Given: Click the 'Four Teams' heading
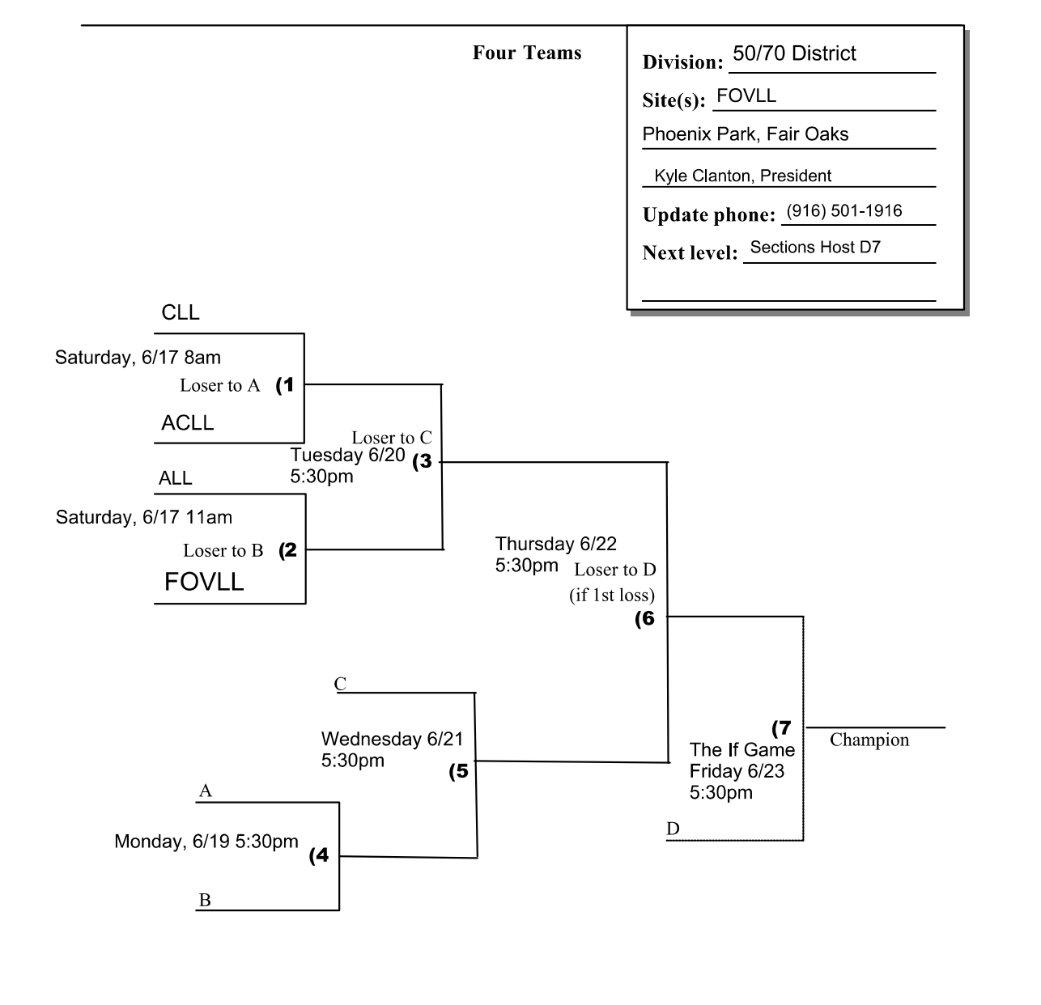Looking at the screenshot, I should point(527,53).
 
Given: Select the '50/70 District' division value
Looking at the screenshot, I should point(793,53).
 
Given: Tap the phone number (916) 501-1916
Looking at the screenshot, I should point(843,211).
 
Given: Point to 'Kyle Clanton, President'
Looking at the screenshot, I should point(742,176).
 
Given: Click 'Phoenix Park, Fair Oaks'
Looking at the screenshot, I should point(745,134).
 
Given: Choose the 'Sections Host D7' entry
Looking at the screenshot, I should point(814,248).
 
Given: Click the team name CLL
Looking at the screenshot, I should point(180,313).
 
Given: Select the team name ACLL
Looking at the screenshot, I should point(187,423).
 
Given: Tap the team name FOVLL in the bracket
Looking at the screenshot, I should point(204,582).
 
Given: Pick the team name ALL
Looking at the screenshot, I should point(175,478).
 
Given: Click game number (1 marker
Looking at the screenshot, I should point(285,385).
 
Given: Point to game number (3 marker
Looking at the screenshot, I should point(423,463).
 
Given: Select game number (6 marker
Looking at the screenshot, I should point(644,619).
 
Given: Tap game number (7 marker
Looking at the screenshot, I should point(781,727).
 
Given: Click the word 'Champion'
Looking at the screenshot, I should point(869,740).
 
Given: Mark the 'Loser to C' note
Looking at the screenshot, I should point(391,438).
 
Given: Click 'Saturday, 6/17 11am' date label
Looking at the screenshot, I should point(143,517).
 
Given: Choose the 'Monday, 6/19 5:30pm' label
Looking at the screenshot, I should point(206,842).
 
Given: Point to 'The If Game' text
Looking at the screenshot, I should point(741,750).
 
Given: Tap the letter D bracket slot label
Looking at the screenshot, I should point(673,829).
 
